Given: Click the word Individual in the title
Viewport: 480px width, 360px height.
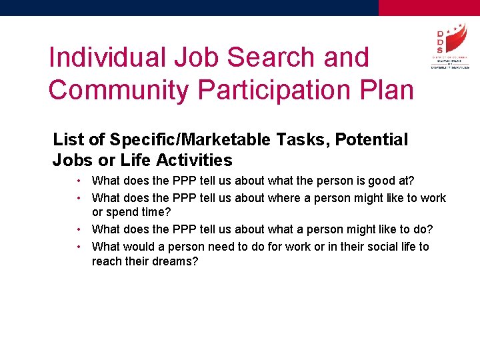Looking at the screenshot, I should coord(107,57).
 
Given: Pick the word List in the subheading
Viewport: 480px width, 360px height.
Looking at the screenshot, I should coord(68,140).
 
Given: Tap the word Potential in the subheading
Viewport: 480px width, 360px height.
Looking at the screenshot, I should coord(371,140).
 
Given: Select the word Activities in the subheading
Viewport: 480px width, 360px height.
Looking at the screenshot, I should coord(195,161).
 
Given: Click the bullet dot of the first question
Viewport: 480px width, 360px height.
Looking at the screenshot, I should coord(79,181).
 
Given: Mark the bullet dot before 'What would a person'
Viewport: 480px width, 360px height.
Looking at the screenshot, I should coord(79,247).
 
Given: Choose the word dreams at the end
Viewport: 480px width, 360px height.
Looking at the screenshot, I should coord(176,261).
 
